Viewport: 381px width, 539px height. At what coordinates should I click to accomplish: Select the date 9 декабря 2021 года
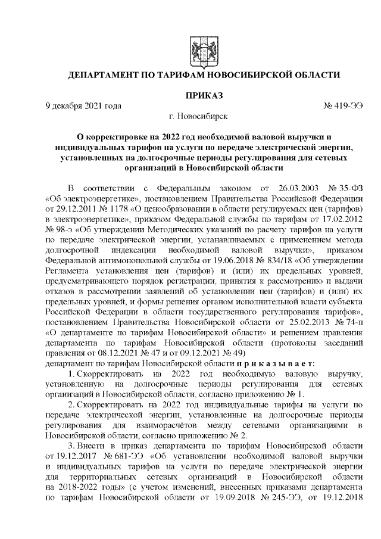(83, 105)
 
